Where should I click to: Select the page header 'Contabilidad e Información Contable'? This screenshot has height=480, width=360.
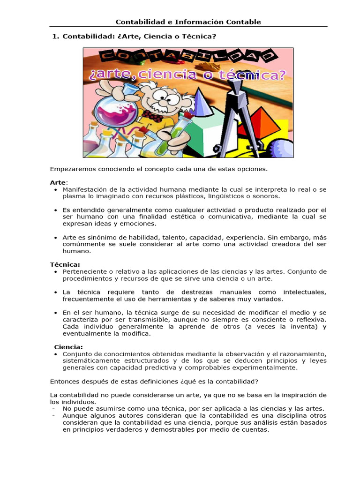click(188, 22)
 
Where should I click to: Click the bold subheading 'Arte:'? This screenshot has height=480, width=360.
click(59, 182)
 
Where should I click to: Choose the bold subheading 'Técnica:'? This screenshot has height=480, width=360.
click(65, 264)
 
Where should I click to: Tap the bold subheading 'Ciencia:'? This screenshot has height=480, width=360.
click(68, 347)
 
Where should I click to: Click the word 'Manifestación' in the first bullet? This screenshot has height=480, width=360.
click(84, 189)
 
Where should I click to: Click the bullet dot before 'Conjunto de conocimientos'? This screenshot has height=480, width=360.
click(56, 354)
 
